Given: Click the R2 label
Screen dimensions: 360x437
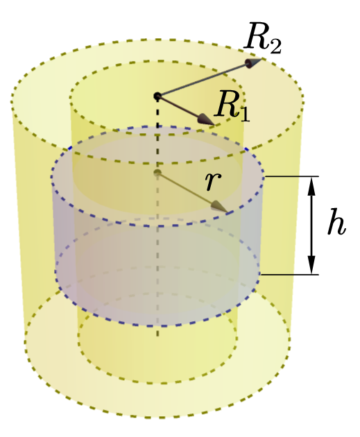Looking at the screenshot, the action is [262, 38].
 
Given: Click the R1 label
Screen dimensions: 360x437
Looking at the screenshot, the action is [232, 106].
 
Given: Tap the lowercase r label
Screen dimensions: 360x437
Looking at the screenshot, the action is [213, 181].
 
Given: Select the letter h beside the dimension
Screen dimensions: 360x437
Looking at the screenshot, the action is [336, 223].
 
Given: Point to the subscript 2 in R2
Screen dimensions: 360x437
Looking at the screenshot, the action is [275, 46].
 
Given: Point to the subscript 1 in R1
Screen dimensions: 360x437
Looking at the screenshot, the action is [244, 114].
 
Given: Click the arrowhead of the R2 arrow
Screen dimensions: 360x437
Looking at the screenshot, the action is [253, 62].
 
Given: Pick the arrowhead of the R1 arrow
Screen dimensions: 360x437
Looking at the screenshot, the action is [206, 119].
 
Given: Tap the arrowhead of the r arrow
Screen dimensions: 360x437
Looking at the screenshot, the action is [219, 207].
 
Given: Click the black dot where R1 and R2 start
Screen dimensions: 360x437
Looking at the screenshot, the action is [157, 96].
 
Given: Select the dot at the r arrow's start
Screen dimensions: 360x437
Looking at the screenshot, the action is [157, 173].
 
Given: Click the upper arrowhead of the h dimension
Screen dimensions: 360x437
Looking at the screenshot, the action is [312, 186].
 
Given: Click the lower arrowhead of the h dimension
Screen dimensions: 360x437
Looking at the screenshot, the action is [312, 265].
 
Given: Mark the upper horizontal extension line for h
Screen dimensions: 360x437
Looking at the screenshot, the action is [291, 176].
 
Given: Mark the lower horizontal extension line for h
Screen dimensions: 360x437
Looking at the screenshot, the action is [289, 275].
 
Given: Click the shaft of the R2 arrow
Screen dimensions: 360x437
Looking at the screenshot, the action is [203, 80].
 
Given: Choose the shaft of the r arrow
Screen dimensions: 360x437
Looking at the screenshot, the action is [186, 189].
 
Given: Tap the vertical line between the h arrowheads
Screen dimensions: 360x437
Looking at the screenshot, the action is [312, 225].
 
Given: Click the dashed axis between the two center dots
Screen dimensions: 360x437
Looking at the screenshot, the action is [157, 135].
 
